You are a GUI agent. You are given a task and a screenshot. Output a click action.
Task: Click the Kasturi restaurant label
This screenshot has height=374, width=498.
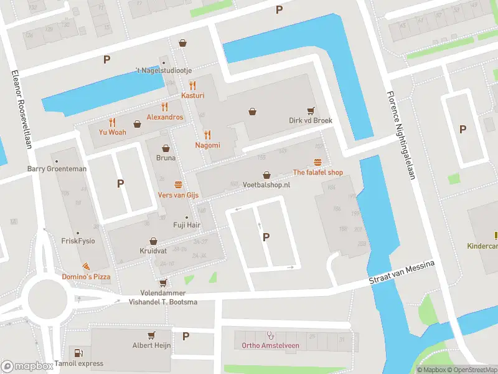[192, 95]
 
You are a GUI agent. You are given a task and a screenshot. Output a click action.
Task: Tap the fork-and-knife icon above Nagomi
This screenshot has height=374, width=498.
[207, 134]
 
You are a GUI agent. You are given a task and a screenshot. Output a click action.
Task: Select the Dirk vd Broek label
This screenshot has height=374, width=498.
[310, 121]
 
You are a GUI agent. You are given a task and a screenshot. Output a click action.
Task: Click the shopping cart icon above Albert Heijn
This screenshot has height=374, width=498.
[152, 334]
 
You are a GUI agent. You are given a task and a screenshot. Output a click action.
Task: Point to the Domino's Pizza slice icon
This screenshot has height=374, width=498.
[84, 266]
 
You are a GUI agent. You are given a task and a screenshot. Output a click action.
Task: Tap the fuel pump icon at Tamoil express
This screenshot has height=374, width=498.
[77, 353]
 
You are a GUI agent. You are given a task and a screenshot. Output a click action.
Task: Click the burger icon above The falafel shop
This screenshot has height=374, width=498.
[317, 161]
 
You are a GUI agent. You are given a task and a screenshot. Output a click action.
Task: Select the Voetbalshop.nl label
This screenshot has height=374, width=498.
[266, 185]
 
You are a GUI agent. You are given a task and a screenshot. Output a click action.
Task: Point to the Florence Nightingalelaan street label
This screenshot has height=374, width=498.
[400, 137]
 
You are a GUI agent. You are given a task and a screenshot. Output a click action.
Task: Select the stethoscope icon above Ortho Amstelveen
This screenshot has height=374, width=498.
[270, 335]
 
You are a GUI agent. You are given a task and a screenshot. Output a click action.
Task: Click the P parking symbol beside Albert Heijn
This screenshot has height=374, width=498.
[186, 337]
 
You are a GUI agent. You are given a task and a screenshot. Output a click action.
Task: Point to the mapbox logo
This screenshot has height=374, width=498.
[27, 367]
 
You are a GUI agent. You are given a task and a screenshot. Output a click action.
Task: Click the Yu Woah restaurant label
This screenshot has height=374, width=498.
[112, 132]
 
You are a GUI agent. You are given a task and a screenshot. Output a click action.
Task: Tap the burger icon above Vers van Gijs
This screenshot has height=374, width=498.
[179, 185]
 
